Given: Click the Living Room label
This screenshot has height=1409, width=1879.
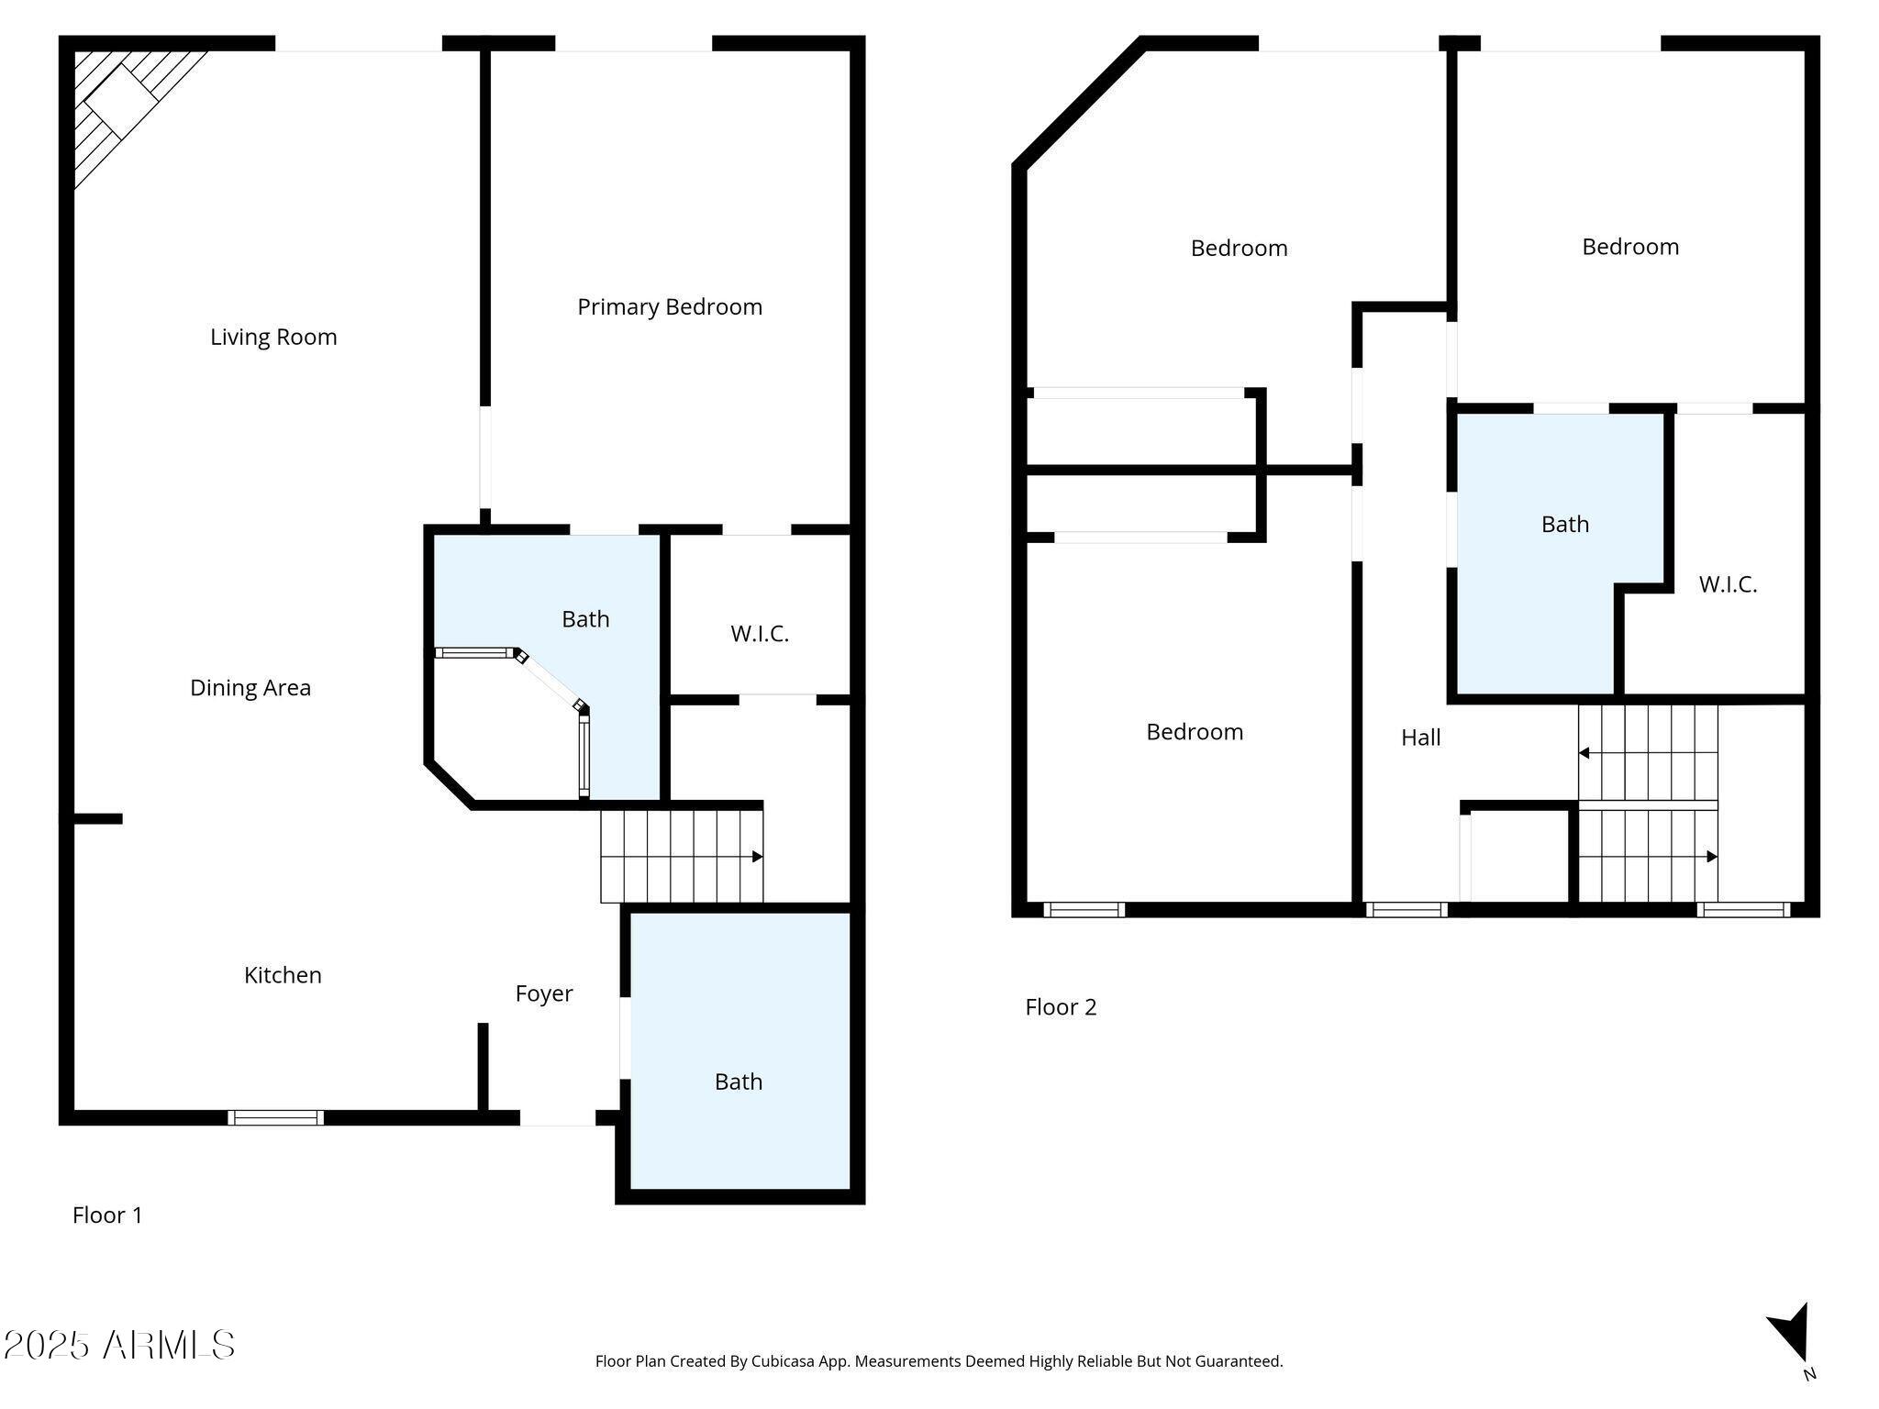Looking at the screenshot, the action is (x=273, y=338).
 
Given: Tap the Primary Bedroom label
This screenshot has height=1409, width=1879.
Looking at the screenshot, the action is (x=670, y=307).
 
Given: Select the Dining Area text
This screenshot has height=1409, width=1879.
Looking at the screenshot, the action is (x=250, y=688).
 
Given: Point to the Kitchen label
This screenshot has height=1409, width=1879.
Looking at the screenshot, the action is (x=283, y=975).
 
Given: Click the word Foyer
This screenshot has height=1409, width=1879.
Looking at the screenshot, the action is (x=544, y=994).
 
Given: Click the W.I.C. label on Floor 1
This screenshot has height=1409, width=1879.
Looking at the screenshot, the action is (x=760, y=634).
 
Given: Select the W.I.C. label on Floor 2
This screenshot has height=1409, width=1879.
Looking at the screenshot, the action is (x=1728, y=584).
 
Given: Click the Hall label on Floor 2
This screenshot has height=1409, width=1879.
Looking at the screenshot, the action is (x=1421, y=738).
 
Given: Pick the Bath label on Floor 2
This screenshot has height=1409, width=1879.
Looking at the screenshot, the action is (x=1565, y=524).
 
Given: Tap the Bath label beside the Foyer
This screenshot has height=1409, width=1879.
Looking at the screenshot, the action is (x=739, y=1082).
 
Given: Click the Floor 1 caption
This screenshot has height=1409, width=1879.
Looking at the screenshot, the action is (x=107, y=1215).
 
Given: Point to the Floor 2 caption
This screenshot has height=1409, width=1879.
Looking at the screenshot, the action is (x=1061, y=1007).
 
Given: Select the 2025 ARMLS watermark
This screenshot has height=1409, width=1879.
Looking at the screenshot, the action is (x=119, y=1346).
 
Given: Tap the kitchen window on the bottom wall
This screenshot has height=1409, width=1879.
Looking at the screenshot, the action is (x=276, y=1117).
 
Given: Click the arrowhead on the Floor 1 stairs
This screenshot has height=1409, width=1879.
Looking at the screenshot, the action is (x=758, y=857).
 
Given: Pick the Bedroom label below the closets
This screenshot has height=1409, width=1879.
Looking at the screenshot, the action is (x=1195, y=732).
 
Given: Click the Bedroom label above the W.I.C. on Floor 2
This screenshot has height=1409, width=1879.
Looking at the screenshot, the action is (x=1630, y=247).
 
